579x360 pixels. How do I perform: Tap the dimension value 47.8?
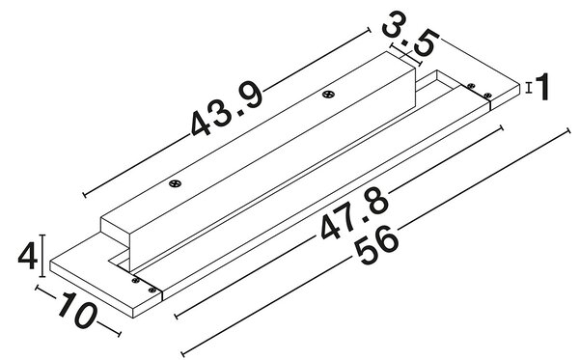pos(355,213)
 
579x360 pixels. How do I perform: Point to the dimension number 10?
pos(77,310)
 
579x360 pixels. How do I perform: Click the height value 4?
pos(28,256)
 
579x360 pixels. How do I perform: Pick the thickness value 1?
pos(542,87)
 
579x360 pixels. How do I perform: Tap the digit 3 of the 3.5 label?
pos(394,23)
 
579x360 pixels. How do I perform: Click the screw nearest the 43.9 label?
pos(327,95)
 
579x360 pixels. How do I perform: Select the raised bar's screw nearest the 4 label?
pos(175,183)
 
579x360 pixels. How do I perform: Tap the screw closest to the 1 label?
pos(487,95)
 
